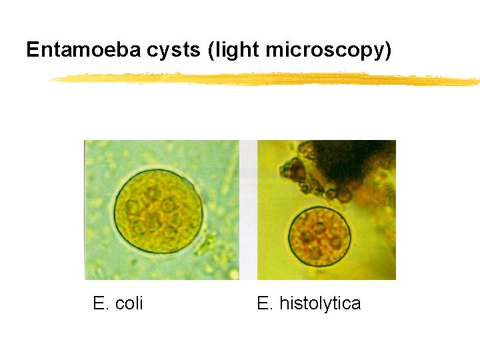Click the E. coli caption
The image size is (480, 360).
click(x=118, y=304)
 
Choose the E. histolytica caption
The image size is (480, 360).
click(x=309, y=304)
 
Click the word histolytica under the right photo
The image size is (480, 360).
click(x=320, y=304)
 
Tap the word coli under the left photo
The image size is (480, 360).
click(x=129, y=304)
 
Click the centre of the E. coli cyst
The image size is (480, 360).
click(x=157, y=211)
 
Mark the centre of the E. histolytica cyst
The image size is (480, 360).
click(x=319, y=237)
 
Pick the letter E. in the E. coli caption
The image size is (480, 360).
click(x=101, y=304)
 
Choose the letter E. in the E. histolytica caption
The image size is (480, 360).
click(x=265, y=304)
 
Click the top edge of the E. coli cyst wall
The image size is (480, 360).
click(x=157, y=170)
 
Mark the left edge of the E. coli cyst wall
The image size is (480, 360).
click(x=113, y=211)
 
